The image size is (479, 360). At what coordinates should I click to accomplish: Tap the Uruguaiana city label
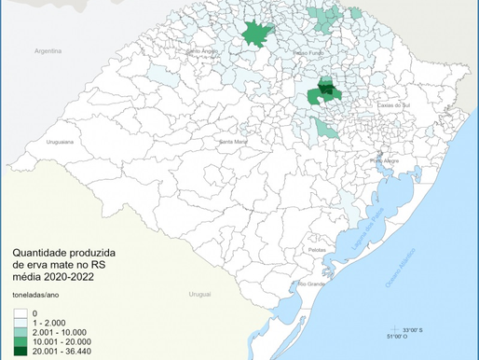(62, 142)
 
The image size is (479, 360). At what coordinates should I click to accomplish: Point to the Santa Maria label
(232, 141)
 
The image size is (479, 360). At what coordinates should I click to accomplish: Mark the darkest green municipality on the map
(327, 90)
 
